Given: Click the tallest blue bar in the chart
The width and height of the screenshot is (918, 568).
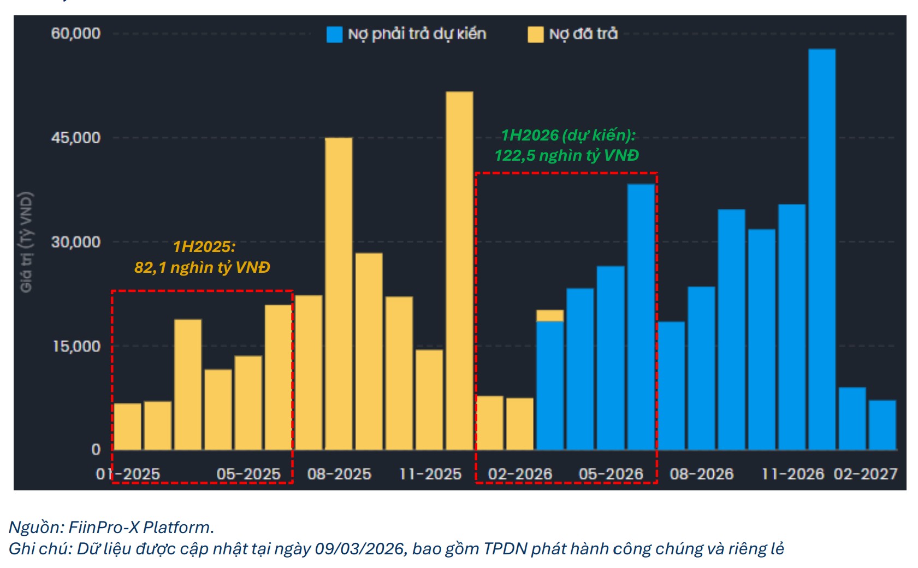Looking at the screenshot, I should (821, 249).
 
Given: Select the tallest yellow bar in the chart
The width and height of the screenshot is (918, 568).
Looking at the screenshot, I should (459, 271).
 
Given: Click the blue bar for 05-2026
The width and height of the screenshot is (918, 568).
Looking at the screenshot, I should (611, 358).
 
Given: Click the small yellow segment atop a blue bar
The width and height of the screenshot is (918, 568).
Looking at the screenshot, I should (550, 315).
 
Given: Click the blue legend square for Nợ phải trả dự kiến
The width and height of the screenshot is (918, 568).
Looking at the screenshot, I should (334, 34).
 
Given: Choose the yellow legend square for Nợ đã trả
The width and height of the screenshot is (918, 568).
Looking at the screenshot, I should (535, 34).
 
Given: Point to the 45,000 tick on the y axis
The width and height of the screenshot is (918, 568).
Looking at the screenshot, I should (76, 138).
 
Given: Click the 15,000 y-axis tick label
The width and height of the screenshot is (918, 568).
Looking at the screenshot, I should (76, 347).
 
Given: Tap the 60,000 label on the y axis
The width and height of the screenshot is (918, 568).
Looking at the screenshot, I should (76, 33).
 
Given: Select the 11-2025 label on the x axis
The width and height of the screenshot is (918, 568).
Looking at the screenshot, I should (430, 474).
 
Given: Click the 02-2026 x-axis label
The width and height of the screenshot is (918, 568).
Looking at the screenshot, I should (520, 474).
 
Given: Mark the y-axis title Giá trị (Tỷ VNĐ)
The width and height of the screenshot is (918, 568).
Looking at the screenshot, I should (26, 242).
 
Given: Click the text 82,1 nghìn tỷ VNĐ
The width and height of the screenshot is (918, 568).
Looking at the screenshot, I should (202, 267).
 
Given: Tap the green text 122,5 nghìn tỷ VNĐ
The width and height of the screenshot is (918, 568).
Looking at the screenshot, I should (566, 156).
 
